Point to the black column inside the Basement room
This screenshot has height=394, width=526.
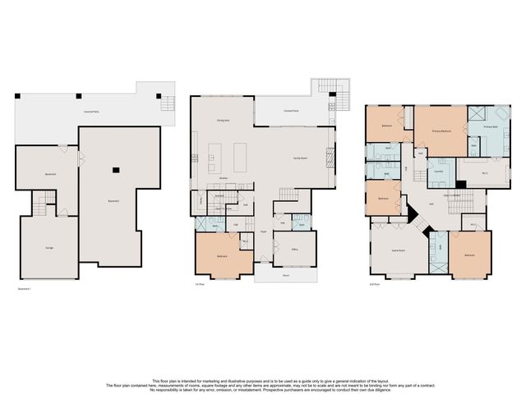tap(117, 170)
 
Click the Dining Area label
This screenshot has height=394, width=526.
tap(222, 120)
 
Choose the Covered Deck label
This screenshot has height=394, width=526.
tap(290, 110)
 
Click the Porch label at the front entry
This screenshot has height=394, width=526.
tap(286, 276)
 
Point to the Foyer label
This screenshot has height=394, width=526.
tap(263, 233)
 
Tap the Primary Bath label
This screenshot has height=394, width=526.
tap(491, 127)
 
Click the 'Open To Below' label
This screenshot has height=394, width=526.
tap(452, 195)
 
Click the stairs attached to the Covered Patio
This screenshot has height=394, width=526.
tap(167, 103)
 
